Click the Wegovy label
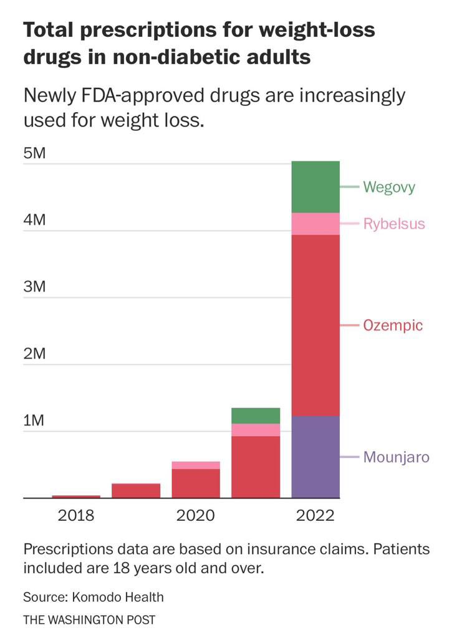(389, 187)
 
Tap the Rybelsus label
(394, 224)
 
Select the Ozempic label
(393, 326)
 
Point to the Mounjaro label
(396, 457)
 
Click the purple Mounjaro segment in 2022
(315, 457)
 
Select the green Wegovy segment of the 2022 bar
(315, 187)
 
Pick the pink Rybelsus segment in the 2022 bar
(315, 224)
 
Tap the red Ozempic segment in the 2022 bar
(315, 325)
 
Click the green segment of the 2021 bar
(256, 416)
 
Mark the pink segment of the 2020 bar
(196, 465)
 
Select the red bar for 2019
(136, 490)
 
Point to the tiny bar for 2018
(76, 497)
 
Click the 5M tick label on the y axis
(35, 153)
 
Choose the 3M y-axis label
(35, 287)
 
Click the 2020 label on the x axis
(195, 515)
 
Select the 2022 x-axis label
(315, 515)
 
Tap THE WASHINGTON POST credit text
(89, 620)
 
